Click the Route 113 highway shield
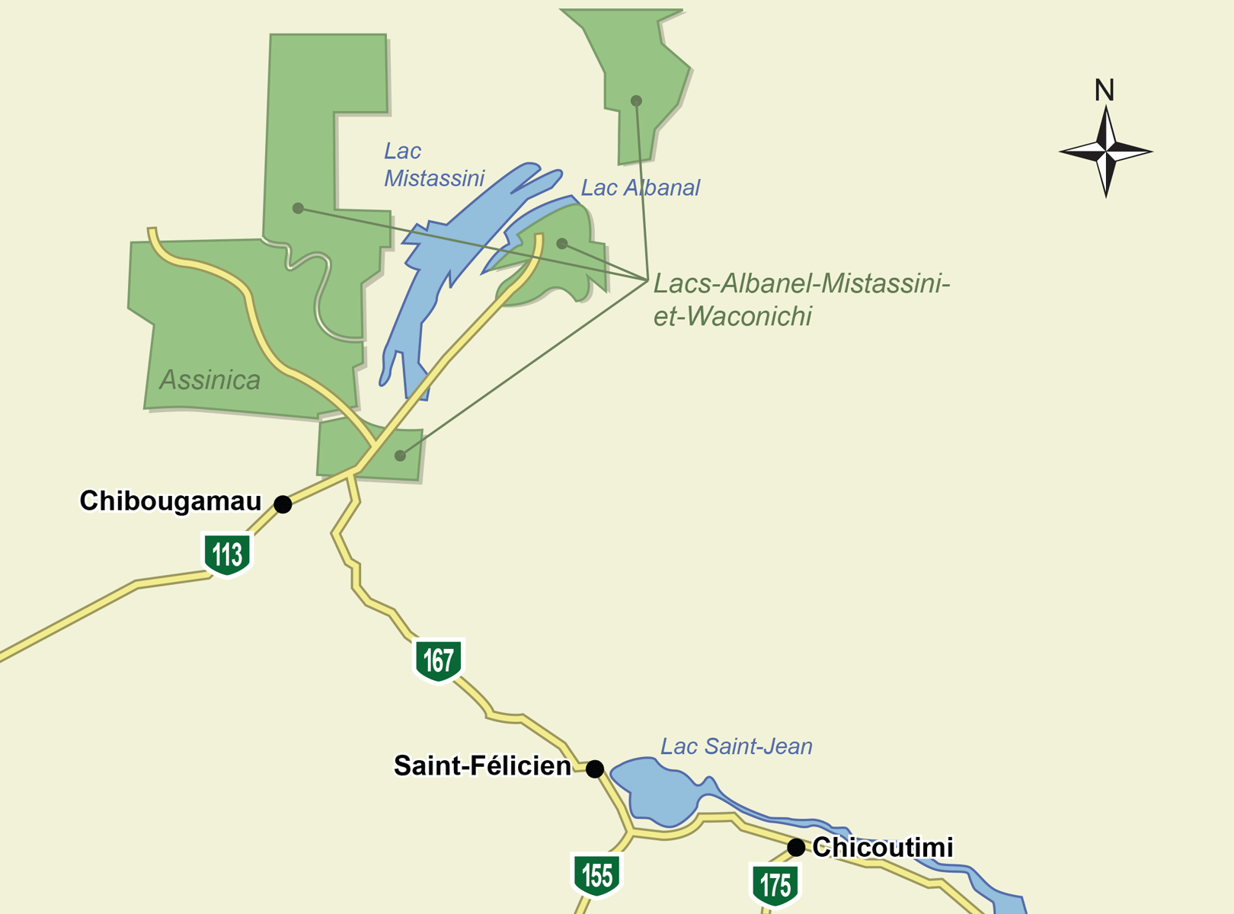pyautogui.click(x=227, y=554)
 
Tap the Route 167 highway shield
pyautogui.click(x=439, y=660)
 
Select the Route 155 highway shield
pyautogui.click(x=597, y=875)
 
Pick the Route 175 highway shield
pyautogui.click(x=775, y=885)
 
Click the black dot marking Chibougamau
pyautogui.click(x=283, y=504)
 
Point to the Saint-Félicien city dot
pyautogui.click(x=595, y=769)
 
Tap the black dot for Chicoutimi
pyautogui.click(x=796, y=848)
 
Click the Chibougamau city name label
pyautogui.click(x=171, y=501)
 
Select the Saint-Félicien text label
pyautogui.click(x=482, y=766)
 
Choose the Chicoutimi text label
pyautogui.click(x=883, y=847)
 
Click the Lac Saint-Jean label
pyautogui.click(x=736, y=746)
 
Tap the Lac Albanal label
pyautogui.click(x=640, y=188)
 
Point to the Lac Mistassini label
pyautogui.click(x=433, y=165)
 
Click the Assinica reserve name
pyautogui.click(x=210, y=380)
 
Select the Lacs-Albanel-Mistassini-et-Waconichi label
pyautogui.click(x=801, y=299)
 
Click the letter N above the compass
pyautogui.click(x=1105, y=91)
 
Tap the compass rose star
pyautogui.click(x=1106, y=152)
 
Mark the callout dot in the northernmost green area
pyautogui.click(x=636, y=101)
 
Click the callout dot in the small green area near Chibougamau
pyautogui.click(x=400, y=456)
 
